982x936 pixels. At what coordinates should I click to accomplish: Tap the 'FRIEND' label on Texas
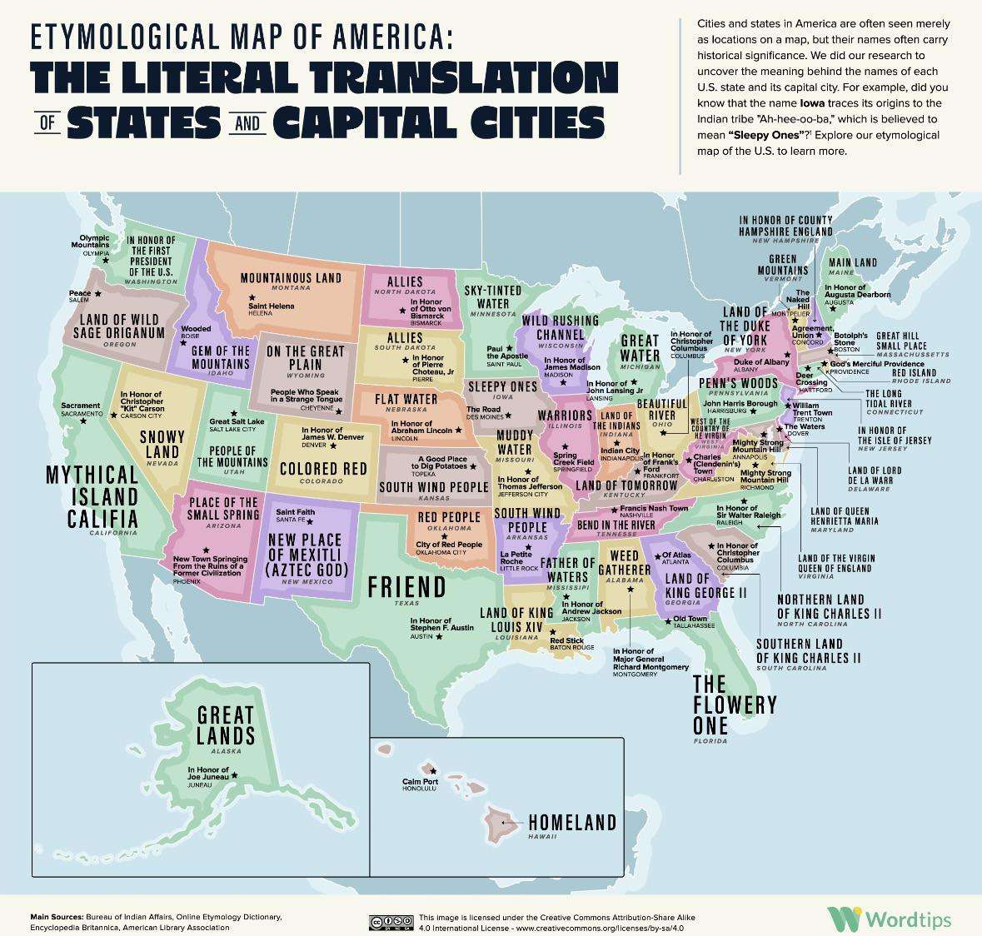tap(406, 587)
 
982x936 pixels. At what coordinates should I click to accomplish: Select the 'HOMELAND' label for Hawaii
tap(572, 823)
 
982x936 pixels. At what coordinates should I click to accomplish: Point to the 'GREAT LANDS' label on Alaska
tap(226, 725)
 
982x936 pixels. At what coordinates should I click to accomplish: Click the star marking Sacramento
tap(82, 421)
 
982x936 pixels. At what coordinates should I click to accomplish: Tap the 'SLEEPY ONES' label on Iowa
tap(501, 387)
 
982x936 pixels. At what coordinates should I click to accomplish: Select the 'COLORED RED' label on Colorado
tap(323, 470)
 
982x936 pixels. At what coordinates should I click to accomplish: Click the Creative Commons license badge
tap(391, 921)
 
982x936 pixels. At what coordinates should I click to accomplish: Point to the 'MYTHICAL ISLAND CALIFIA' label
tap(92, 496)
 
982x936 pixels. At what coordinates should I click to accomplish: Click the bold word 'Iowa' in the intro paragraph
tap(813, 103)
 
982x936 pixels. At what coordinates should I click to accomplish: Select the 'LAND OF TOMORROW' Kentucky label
tap(626, 485)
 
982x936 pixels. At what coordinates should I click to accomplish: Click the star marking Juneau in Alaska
tap(234, 775)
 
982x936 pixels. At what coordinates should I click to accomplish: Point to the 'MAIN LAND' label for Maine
tap(852, 262)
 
